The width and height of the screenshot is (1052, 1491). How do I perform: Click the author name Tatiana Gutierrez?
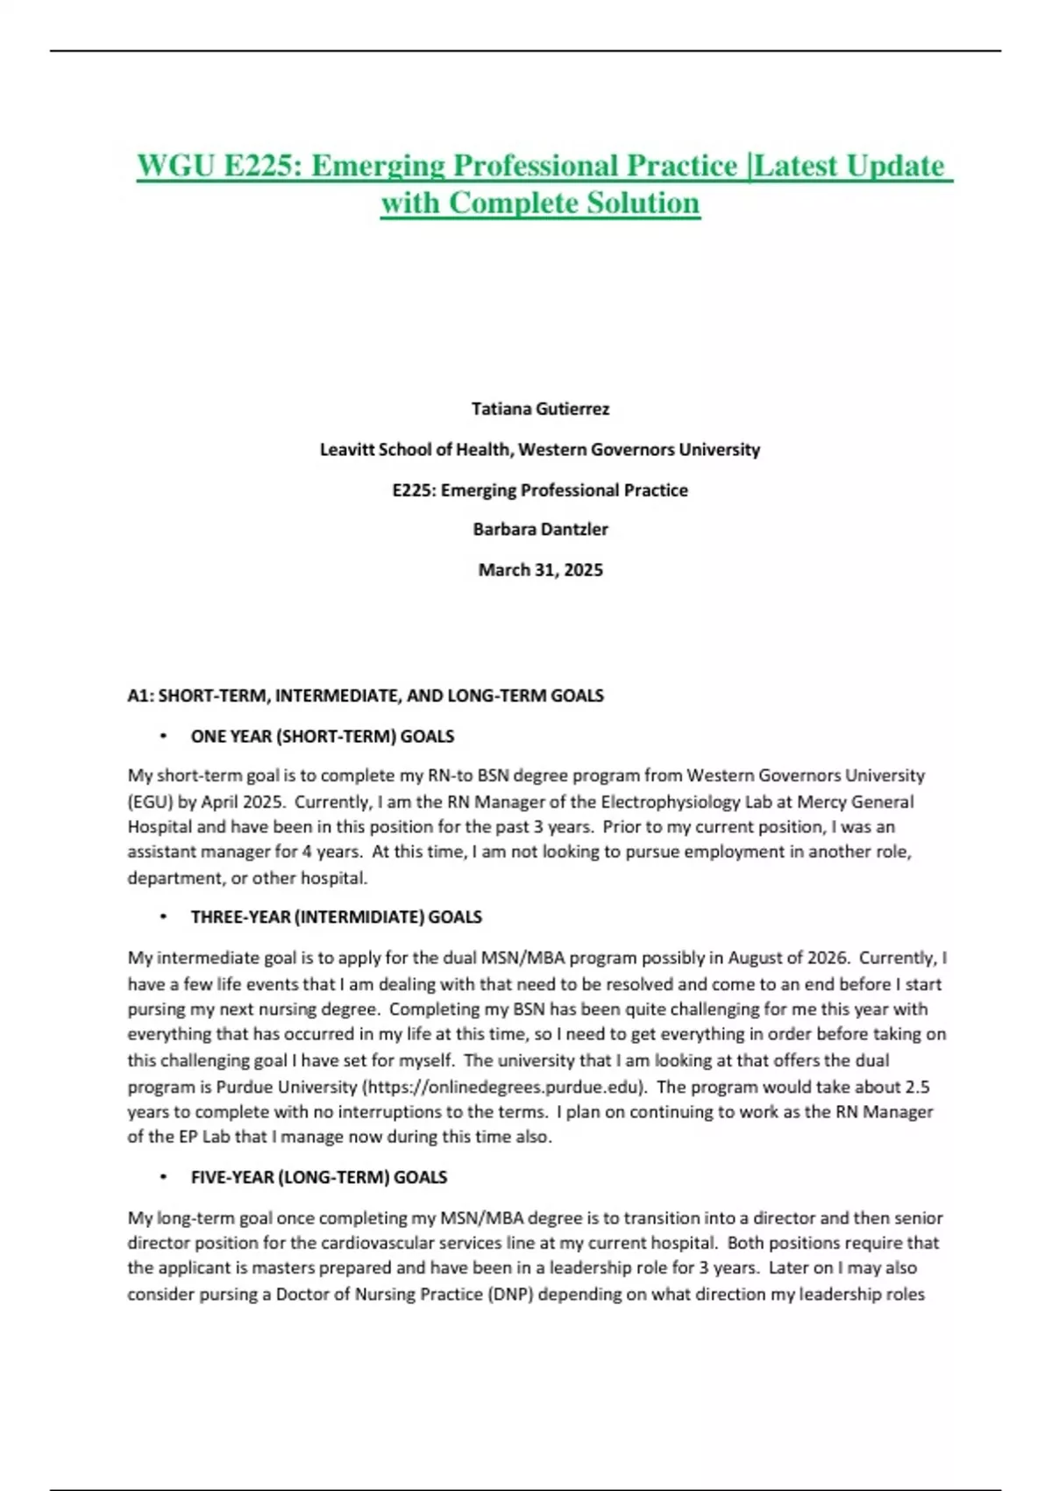click(540, 409)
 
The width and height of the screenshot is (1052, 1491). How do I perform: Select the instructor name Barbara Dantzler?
click(540, 529)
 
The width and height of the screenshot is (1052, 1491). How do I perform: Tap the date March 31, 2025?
click(540, 570)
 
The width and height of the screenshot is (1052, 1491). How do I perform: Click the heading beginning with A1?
click(366, 696)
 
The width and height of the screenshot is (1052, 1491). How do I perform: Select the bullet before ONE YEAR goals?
click(163, 737)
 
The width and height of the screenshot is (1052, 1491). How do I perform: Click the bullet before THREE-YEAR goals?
click(163, 917)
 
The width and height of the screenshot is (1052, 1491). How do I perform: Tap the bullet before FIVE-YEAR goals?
click(163, 1178)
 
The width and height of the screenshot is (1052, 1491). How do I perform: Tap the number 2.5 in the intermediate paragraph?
click(917, 1087)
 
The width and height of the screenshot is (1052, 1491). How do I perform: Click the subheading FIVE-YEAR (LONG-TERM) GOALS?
click(319, 1178)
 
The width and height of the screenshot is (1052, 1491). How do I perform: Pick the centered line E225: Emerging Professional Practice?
click(540, 490)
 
